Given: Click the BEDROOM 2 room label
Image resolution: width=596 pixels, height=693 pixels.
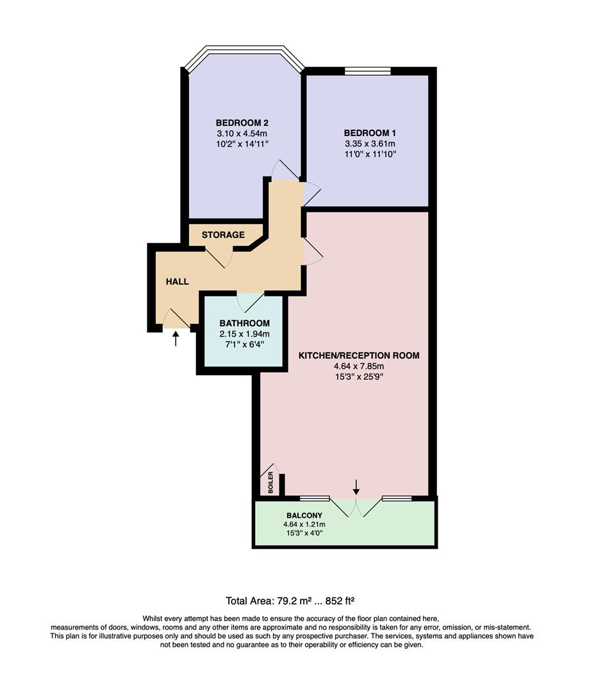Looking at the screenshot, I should (242, 123).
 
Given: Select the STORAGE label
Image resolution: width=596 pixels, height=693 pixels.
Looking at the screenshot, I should (223, 235).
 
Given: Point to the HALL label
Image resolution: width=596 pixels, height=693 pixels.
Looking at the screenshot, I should (178, 281).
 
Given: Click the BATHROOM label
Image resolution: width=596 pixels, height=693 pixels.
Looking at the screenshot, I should (244, 323).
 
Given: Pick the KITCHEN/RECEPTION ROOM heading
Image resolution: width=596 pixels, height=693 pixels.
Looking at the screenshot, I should (359, 355).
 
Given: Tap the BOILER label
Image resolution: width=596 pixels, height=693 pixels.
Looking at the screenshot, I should (270, 483).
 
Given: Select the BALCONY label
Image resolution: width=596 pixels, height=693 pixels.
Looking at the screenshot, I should (304, 515).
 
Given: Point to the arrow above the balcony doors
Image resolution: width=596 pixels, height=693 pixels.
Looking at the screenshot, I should (356, 487).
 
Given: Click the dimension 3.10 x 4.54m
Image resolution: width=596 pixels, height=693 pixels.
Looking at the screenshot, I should (242, 133).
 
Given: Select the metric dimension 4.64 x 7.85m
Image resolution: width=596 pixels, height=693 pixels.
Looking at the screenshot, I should (359, 366).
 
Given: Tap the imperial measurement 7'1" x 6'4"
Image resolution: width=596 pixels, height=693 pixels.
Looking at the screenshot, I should (244, 345).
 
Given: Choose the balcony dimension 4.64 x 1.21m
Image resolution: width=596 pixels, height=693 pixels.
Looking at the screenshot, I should (304, 524).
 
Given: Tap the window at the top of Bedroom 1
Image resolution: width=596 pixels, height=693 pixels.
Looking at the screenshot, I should (368, 71).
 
